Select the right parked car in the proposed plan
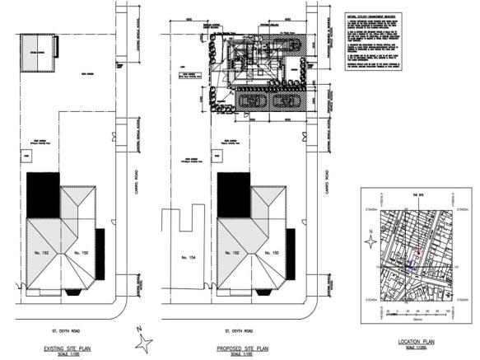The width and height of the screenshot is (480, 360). coord(289,102)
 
